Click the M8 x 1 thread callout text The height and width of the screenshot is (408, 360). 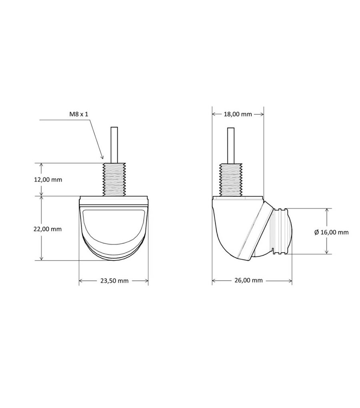(x=79, y=114)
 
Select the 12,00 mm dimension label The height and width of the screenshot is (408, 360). (x=48, y=179)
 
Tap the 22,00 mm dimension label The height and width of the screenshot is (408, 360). (x=48, y=229)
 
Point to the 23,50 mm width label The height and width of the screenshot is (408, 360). (x=114, y=281)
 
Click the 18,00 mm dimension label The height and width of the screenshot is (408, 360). (x=238, y=114)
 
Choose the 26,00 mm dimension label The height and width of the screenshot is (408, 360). (x=248, y=280)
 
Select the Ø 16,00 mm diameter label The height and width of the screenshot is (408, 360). (x=331, y=232)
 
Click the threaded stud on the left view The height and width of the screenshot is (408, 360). (x=114, y=179)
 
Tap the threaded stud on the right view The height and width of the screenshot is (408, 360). (x=231, y=179)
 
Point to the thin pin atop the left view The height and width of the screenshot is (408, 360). (x=114, y=145)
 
